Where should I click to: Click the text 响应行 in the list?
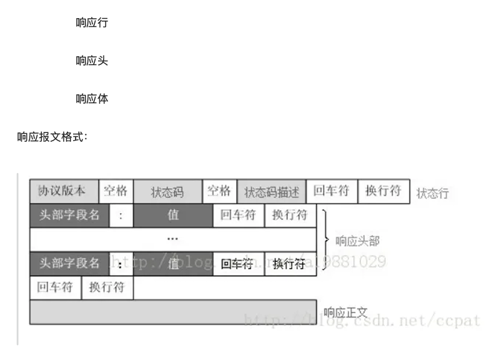[x=92, y=23]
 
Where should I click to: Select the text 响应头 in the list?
[x=92, y=61]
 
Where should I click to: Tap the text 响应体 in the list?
[x=92, y=99]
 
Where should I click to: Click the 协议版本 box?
[x=64, y=191]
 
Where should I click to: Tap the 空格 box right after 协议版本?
[x=116, y=191]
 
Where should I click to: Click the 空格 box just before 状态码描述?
[x=219, y=191]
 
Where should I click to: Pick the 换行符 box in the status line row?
[x=383, y=191]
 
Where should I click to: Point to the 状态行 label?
[x=432, y=193]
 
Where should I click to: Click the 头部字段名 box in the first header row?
[x=69, y=215]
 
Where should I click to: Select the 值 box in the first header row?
[x=172, y=215]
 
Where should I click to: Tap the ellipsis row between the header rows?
[x=173, y=239]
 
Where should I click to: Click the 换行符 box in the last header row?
[x=290, y=263]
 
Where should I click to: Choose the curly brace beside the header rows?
[x=325, y=239]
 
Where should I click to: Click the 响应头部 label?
[x=357, y=241]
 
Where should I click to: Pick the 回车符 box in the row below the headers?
[x=56, y=288]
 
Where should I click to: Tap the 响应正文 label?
[x=345, y=312]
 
